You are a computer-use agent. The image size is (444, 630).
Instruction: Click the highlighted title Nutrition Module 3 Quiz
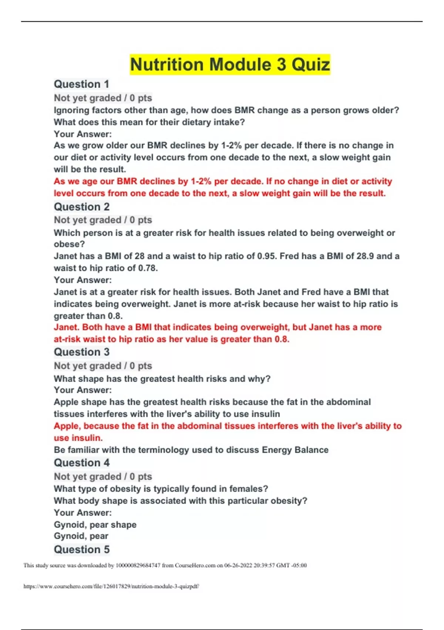[x=230, y=64]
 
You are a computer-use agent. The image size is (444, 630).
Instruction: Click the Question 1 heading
[x=81, y=84]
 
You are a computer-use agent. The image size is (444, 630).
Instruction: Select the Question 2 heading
[x=82, y=207]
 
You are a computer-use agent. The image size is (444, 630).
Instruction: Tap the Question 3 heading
[x=82, y=352]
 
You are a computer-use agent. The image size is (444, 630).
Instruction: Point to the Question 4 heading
[x=82, y=463]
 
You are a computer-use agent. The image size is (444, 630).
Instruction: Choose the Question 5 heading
[x=82, y=549]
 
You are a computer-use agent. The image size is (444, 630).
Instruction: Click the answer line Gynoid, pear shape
[x=95, y=525]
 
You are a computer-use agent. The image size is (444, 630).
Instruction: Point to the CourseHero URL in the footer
[x=111, y=586]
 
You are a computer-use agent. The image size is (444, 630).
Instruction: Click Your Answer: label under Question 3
[x=83, y=390]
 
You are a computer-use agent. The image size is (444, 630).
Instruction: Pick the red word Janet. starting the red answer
[x=67, y=327]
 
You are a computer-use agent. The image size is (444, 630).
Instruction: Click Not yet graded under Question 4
[x=88, y=477]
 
